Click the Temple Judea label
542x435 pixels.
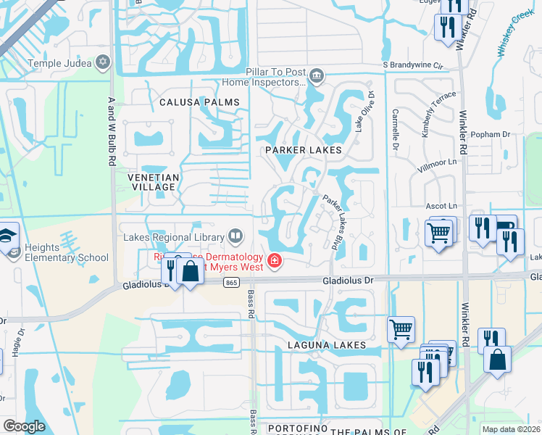click(x=59, y=63)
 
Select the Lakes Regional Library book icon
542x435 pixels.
click(x=235, y=235)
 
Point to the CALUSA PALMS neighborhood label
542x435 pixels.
click(x=199, y=103)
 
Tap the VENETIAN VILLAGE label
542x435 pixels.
click(x=151, y=182)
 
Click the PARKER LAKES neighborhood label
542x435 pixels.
click(x=302, y=150)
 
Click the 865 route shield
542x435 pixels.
click(x=231, y=282)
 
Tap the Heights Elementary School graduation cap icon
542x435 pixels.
click(x=9, y=238)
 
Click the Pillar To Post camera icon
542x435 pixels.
click(x=316, y=75)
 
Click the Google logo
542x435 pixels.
click(x=24, y=426)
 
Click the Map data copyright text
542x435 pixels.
click(x=511, y=429)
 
